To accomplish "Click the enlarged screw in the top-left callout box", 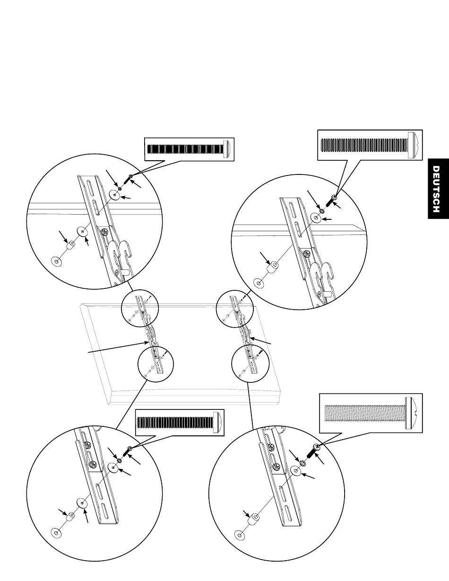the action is click(x=189, y=149).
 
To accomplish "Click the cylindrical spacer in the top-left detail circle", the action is click(x=71, y=245).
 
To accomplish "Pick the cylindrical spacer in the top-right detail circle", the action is click(x=273, y=267).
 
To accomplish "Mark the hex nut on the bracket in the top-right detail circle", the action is click(x=307, y=252).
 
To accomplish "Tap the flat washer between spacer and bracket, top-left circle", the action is click(x=83, y=231).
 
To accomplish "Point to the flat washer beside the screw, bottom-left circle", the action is click(x=113, y=468).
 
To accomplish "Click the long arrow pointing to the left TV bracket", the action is click(x=118, y=347).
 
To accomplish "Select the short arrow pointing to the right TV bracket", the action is click(x=260, y=341).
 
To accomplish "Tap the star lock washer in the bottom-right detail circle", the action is click(x=303, y=462).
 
